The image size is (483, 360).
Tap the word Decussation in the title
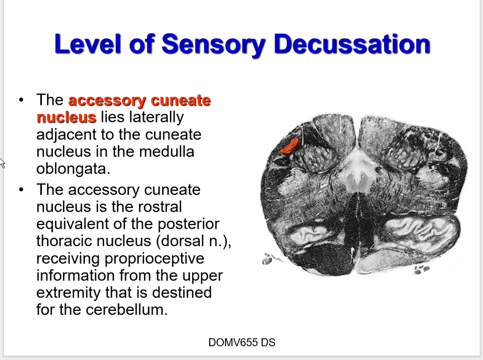(x=352, y=44)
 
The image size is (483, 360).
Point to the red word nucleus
(x=66, y=117)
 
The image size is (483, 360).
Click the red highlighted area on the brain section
(x=289, y=145)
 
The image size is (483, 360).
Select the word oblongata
(x=72, y=168)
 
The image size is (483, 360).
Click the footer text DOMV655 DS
(x=241, y=343)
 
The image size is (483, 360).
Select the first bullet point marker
(x=21, y=100)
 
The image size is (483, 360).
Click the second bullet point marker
(x=21, y=190)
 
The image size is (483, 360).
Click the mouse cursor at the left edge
(x=2, y=163)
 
